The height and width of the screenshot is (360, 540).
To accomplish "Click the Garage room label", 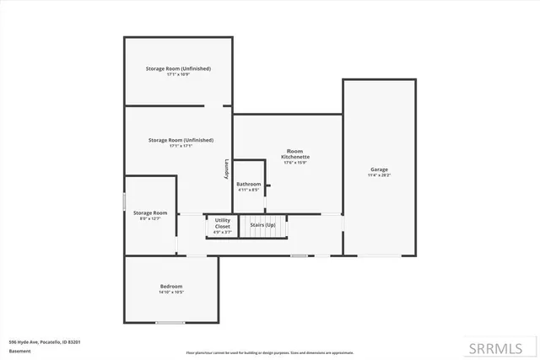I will click(379, 169).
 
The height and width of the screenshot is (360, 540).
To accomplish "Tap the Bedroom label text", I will click(171, 287).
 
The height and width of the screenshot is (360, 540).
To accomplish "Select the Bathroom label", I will click(249, 184).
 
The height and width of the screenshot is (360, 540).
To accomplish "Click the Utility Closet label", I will click(223, 223).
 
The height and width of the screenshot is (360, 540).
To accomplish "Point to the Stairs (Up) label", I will click(262, 225).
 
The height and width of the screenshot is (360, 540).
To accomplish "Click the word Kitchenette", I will click(295, 158).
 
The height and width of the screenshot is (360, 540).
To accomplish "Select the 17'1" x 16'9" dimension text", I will click(178, 74).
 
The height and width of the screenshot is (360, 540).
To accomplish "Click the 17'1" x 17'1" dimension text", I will click(181, 146).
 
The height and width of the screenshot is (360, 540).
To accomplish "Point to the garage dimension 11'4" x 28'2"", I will click(379, 175).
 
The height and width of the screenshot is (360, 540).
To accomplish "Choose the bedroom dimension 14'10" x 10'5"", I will click(171, 293).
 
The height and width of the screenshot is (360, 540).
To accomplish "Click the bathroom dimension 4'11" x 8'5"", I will click(249, 190).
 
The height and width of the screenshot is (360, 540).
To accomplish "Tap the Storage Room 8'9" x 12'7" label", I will click(150, 216).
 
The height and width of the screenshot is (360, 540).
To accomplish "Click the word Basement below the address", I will click(19, 350).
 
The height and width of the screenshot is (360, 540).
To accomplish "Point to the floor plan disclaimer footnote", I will click(270, 352).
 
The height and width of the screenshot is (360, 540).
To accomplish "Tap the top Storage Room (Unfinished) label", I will click(178, 68).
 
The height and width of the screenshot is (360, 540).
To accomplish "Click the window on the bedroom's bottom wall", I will click(170, 323).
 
